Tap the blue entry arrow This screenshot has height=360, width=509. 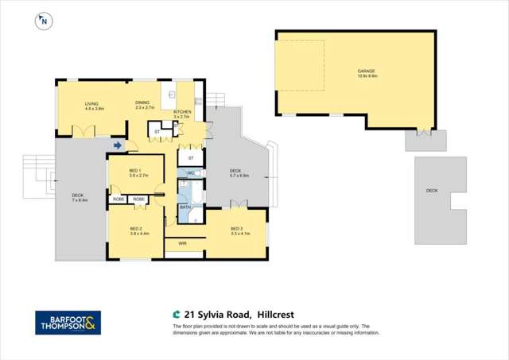118,145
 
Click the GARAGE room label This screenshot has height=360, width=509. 366,72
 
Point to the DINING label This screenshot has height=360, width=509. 142,103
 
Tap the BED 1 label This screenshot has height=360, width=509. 134,170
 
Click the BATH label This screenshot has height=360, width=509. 185,207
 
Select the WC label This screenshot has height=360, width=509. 192,172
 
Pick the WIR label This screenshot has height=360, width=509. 182,243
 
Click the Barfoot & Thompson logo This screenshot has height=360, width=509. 68,323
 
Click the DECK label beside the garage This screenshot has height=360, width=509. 432,191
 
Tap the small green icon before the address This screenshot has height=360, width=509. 177,315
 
